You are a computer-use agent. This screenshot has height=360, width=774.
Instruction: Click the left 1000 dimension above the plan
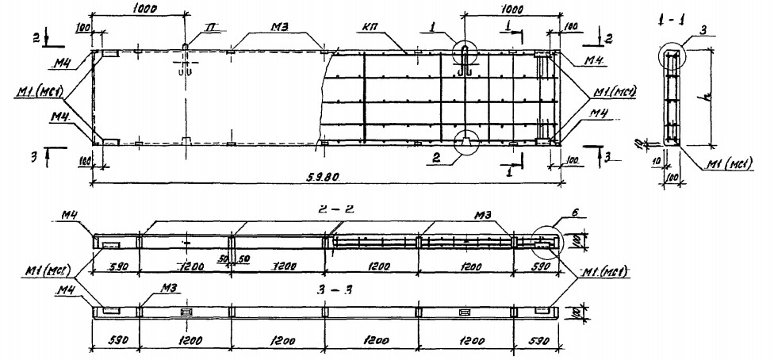pos(139,7)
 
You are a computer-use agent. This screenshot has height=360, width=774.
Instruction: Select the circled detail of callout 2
pos(465,140)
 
